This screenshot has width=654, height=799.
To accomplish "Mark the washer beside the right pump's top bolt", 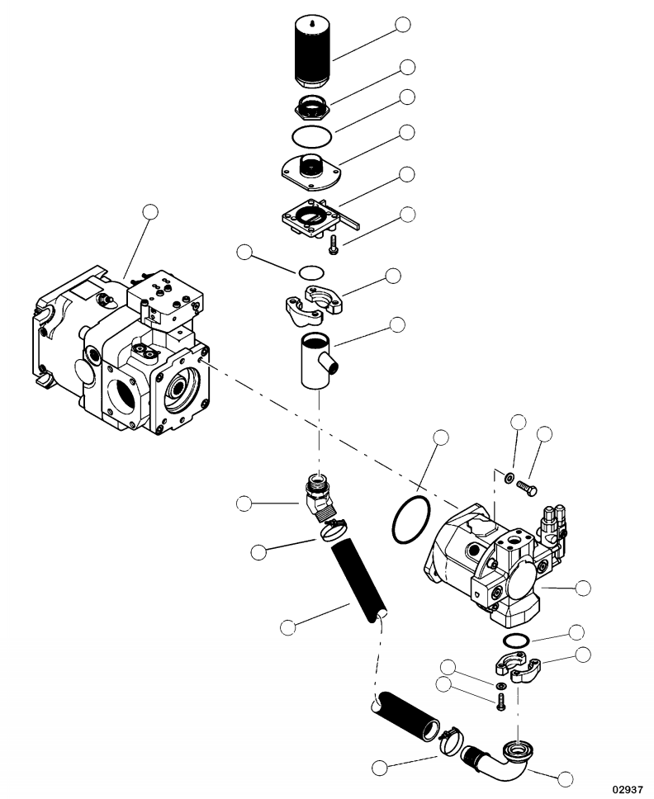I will [510, 477].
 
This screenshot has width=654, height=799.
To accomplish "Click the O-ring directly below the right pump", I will [516, 641].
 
